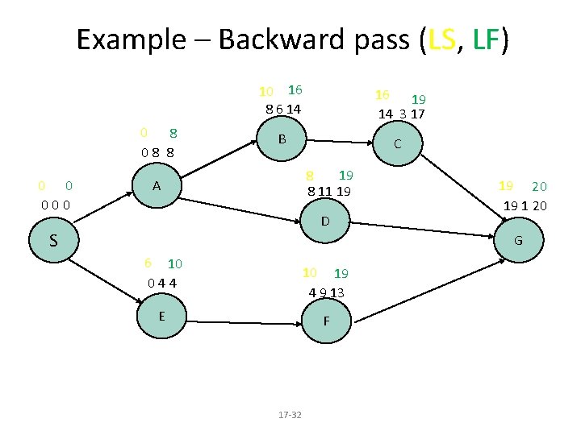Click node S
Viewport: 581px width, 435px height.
pyautogui.click(x=52, y=240)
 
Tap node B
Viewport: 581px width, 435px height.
pyautogui.click(x=282, y=139)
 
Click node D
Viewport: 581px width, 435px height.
pyautogui.click(x=324, y=221)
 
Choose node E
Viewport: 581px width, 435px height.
pyautogui.click(x=162, y=316)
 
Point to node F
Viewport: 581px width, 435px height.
pyautogui.click(x=325, y=320)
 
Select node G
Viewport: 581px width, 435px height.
pyautogui.click(x=517, y=240)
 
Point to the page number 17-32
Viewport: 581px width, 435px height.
pyautogui.click(x=289, y=414)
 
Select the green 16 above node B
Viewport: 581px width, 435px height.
pyautogui.click(x=295, y=89)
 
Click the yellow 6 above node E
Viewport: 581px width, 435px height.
pyautogui.click(x=148, y=263)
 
